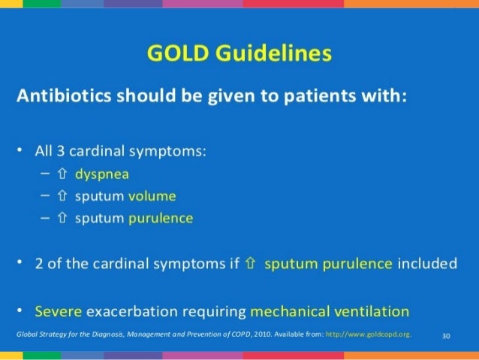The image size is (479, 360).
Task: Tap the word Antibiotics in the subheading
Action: click(61, 97)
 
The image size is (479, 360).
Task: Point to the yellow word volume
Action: click(152, 196)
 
